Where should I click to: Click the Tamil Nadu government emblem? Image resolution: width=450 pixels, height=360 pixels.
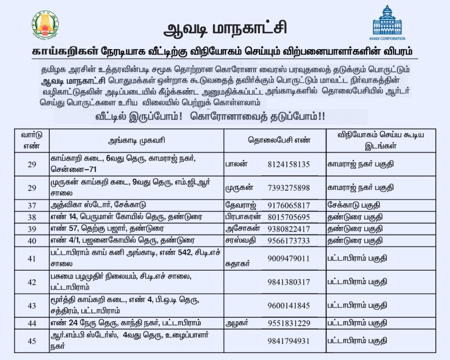[45, 25]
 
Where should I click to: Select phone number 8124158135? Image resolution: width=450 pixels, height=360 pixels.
[289, 164]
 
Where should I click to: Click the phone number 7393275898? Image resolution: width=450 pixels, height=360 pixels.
[289, 188]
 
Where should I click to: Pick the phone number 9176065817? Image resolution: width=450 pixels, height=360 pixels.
[289, 205]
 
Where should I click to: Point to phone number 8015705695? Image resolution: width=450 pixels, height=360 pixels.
[289, 217]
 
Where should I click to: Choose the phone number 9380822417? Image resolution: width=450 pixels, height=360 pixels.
[289, 229]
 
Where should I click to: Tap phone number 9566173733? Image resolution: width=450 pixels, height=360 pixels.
[289, 241]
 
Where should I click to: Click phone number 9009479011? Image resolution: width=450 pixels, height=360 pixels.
[289, 258]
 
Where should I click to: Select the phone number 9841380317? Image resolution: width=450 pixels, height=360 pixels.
[289, 282]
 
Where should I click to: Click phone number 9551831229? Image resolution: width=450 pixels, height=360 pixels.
[289, 323]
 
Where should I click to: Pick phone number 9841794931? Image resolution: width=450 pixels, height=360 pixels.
[289, 341]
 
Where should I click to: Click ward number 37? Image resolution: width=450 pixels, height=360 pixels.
[31, 206]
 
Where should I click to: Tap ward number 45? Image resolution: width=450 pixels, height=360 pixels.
[31, 341]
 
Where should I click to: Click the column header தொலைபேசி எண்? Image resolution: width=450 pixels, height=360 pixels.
[275, 140]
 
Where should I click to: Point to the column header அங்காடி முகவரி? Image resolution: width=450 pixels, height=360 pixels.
[137, 141]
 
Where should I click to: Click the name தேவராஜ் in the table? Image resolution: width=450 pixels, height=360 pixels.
[240, 205]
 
